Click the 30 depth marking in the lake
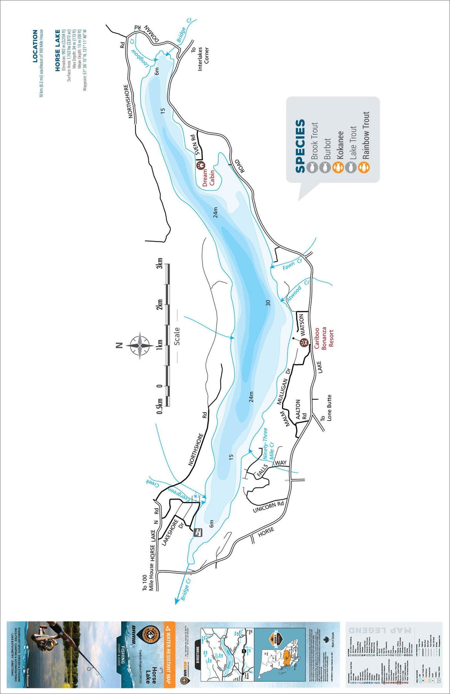click(268, 303)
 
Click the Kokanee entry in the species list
click(340, 148)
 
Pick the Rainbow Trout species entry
click(366, 135)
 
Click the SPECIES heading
click(300, 146)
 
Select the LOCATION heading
click(35, 46)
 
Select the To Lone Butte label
click(327, 407)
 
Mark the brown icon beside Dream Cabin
click(201, 164)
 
